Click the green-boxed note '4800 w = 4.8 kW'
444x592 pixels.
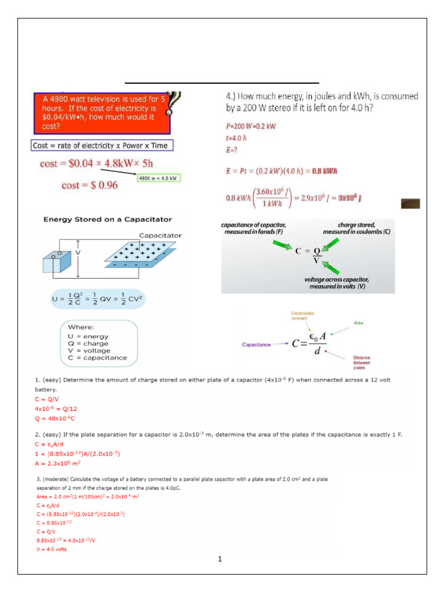click(x=159, y=177)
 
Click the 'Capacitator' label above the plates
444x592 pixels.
click(x=160, y=235)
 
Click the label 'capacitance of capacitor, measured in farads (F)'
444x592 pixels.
click(x=254, y=228)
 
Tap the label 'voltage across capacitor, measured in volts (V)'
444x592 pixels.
click(x=336, y=283)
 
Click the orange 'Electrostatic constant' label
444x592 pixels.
click(x=302, y=316)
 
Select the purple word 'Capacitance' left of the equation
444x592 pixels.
click(x=256, y=345)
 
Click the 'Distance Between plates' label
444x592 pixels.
click(x=362, y=363)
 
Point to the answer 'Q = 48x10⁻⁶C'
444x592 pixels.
click(x=55, y=417)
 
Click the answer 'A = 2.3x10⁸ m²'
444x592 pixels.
click(x=57, y=463)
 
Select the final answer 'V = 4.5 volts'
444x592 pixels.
click(x=51, y=549)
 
